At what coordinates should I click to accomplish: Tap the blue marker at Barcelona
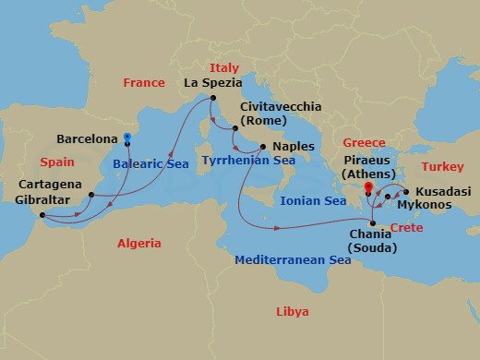pyautogui.click(x=127, y=140)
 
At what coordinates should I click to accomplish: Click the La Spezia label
pyautogui.click(x=213, y=83)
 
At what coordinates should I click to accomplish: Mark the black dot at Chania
pyautogui.click(x=372, y=223)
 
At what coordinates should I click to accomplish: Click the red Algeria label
pyautogui.click(x=138, y=244)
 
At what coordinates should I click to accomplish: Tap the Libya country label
pyautogui.click(x=293, y=311)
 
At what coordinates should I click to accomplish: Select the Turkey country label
pyautogui.click(x=442, y=167)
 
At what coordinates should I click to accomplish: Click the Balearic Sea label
pyautogui.click(x=150, y=163)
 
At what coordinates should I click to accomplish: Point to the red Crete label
pyautogui.click(x=407, y=227)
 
